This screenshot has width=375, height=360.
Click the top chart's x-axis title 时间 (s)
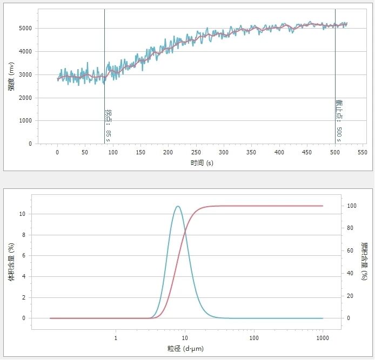point(202,162)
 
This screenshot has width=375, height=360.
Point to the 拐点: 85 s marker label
point(108,124)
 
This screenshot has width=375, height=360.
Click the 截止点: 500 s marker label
point(339,120)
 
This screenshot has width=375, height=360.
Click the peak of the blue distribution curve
point(177,206)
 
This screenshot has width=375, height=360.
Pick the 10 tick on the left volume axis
point(23,214)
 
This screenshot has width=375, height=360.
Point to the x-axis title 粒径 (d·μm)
point(186,348)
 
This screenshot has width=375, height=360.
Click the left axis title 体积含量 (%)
point(11,262)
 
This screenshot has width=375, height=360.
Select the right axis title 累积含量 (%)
point(364,262)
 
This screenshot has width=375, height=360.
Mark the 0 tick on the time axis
point(57,153)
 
